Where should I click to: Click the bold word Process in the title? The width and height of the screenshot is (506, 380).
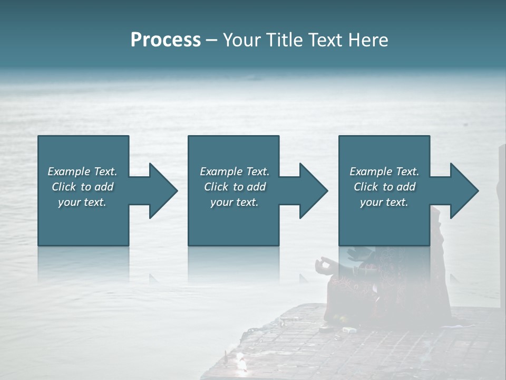166,40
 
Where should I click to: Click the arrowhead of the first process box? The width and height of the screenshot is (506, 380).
163,191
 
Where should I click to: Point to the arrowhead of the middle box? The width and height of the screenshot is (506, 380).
314,191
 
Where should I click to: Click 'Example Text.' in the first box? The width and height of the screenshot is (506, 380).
82,172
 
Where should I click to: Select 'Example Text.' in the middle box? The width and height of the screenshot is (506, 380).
235,172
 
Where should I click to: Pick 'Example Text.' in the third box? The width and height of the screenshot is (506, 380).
384,172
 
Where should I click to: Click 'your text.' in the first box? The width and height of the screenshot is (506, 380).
82,202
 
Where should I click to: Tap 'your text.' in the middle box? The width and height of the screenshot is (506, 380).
235,202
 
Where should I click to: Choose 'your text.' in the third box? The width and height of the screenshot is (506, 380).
384,202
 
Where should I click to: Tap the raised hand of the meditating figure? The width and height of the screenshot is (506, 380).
322,263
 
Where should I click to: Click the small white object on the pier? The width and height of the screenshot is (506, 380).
348,330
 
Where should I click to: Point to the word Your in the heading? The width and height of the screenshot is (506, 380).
241,40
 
